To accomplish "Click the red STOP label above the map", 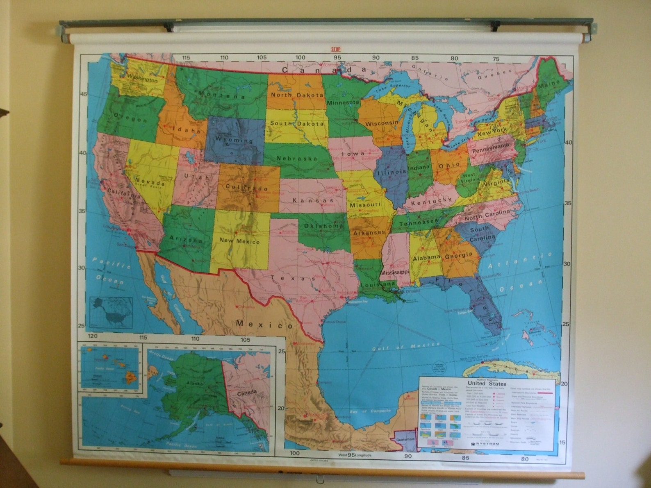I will point(336,50).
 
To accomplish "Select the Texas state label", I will point(293,278).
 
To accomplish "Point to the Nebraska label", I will point(297,159).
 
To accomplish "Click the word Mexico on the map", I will point(265,325).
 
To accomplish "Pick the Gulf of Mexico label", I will point(405,347).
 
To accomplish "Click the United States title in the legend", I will point(487,384).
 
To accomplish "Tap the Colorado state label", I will point(246,187).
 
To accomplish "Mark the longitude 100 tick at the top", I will point(300,58).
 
